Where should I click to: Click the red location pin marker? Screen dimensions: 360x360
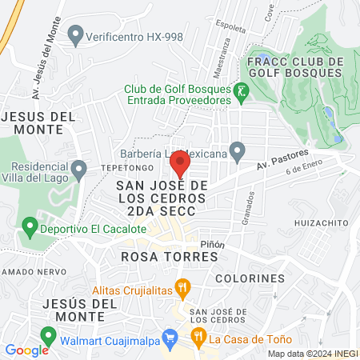tap(180, 165)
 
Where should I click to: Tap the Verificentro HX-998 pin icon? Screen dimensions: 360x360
tap(75, 35)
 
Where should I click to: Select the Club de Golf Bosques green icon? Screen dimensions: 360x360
tap(241, 93)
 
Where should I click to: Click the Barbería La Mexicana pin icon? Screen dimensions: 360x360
tap(236, 150)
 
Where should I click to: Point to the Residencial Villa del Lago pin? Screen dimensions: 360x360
tap(78, 170)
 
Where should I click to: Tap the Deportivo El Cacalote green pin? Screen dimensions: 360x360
tap(30, 229)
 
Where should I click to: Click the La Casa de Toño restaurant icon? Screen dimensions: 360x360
tap(197, 338)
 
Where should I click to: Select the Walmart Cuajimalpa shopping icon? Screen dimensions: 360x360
tap(169, 338)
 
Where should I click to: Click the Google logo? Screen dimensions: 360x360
tap(27, 350)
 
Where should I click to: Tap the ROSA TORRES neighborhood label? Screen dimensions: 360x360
tap(170, 257)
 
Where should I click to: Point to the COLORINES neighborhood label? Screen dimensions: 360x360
tap(250, 278)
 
